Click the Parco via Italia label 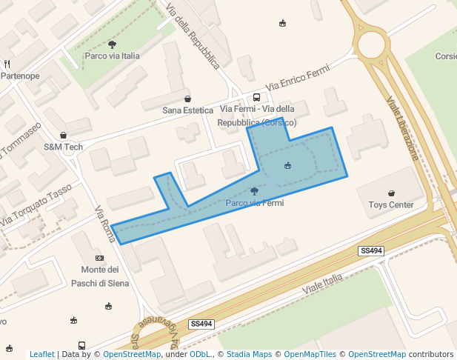tap(112, 56)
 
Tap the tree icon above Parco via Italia tap(112, 44)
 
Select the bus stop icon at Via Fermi tap(256, 98)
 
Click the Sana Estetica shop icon tap(187, 99)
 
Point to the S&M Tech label tap(63, 147)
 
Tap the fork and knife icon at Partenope tap(7, 64)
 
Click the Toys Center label tap(390, 204)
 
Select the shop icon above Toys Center tap(391, 193)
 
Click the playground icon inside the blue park tap(287, 164)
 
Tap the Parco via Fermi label tap(254, 202)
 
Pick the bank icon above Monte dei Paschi tap(99, 257)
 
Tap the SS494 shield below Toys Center tap(371, 251)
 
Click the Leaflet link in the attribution tap(41, 354)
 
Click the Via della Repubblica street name tap(193, 37)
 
